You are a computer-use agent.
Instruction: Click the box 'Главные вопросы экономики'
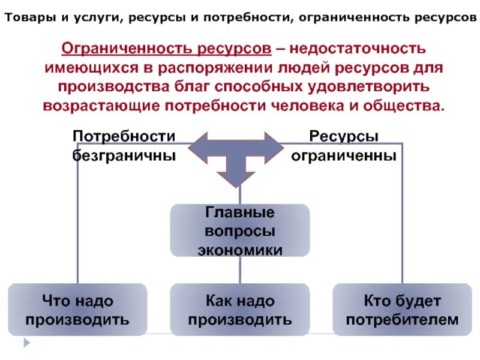click(x=240, y=230)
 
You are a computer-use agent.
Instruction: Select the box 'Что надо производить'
click(x=77, y=309)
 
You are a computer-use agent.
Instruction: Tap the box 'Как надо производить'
click(x=240, y=309)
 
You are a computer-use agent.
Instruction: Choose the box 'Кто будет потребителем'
click(x=402, y=309)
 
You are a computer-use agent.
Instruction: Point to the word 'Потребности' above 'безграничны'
click(x=124, y=136)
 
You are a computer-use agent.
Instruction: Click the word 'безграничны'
click(x=124, y=155)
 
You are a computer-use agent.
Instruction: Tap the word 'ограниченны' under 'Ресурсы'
click(x=344, y=155)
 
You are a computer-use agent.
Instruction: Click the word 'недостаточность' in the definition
click(x=360, y=47)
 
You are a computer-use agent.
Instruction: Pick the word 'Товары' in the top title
click(x=29, y=17)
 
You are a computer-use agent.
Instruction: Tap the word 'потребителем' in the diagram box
click(x=402, y=319)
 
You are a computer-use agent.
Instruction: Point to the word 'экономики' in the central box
click(x=240, y=248)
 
